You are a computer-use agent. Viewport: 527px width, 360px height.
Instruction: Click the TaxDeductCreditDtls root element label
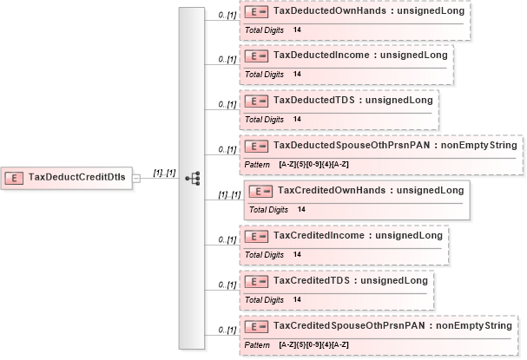(76, 177)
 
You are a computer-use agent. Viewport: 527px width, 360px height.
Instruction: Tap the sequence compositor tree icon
(193, 179)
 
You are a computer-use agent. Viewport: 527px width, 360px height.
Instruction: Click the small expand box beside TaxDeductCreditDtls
(136, 179)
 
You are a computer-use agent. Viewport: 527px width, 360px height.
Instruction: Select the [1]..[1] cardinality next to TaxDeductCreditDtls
(164, 173)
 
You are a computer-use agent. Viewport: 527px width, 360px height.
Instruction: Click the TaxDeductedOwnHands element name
(330, 10)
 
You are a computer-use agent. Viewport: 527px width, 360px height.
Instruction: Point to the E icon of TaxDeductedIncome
(256, 56)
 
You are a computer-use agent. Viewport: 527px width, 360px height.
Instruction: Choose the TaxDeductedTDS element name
(314, 100)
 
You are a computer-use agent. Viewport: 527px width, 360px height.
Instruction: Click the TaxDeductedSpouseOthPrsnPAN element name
(352, 145)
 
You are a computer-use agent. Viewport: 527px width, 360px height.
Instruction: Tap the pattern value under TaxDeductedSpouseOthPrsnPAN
(313, 165)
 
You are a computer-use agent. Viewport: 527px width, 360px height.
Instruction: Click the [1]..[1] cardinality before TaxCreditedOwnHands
(229, 195)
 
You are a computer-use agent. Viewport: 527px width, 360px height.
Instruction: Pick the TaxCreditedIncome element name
(319, 235)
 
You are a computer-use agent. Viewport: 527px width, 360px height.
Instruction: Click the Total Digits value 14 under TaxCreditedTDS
(297, 299)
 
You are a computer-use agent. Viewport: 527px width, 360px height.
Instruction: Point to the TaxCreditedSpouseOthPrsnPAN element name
(349, 325)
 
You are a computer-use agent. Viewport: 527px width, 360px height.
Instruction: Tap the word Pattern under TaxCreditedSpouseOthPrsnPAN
(257, 345)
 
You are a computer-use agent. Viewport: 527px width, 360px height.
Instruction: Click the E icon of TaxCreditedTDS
(256, 281)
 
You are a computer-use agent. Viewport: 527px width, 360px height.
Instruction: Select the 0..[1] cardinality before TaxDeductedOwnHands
(227, 15)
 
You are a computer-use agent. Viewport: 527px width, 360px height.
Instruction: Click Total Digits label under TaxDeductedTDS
(264, 120)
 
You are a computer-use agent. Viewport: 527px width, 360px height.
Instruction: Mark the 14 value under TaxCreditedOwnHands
(301, 210)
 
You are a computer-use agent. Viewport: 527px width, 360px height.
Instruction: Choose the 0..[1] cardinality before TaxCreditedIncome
(227, 239)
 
